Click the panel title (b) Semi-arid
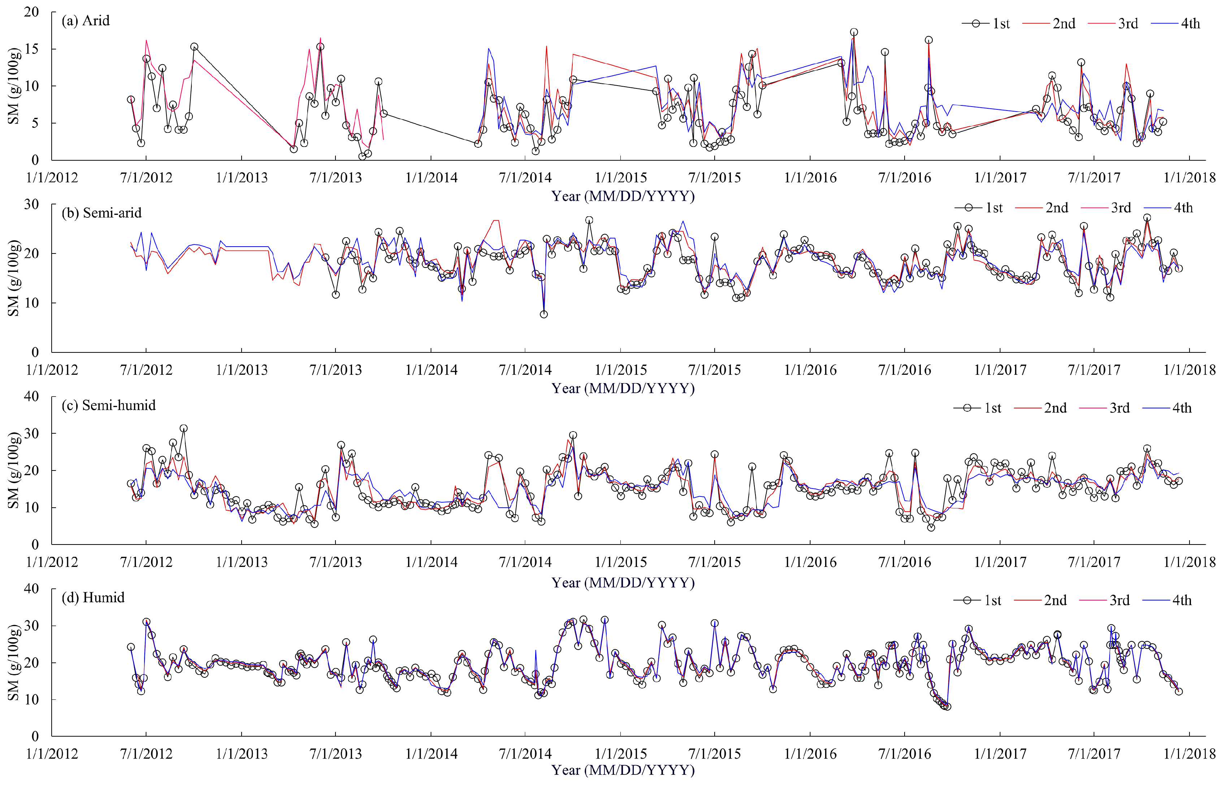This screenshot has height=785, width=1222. pyautogui.click(x=101, y=213)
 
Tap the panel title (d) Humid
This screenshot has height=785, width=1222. pyautogui.click(x=93, y=597)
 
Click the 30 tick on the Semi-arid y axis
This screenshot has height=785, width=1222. pyautogui.click(x=32, y=204)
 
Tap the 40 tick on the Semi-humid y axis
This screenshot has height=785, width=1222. pyautogui.click(x=32, y=396)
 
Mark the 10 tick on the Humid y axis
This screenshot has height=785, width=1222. pyautogui.click(x=32, y=699)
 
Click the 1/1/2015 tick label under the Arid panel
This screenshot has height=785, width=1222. pyautogui.click(x=620, y=178)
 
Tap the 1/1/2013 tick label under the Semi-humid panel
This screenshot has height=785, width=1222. pyautogui.click(x=241, y=562)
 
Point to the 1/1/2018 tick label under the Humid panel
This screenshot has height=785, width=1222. pyautogui.click(x=1189, y=754)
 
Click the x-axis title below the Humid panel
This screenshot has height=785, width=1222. pyautogui.click(x=623, y=770)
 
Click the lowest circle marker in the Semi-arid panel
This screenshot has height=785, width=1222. pyautogui.click(x=543, y=315)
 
